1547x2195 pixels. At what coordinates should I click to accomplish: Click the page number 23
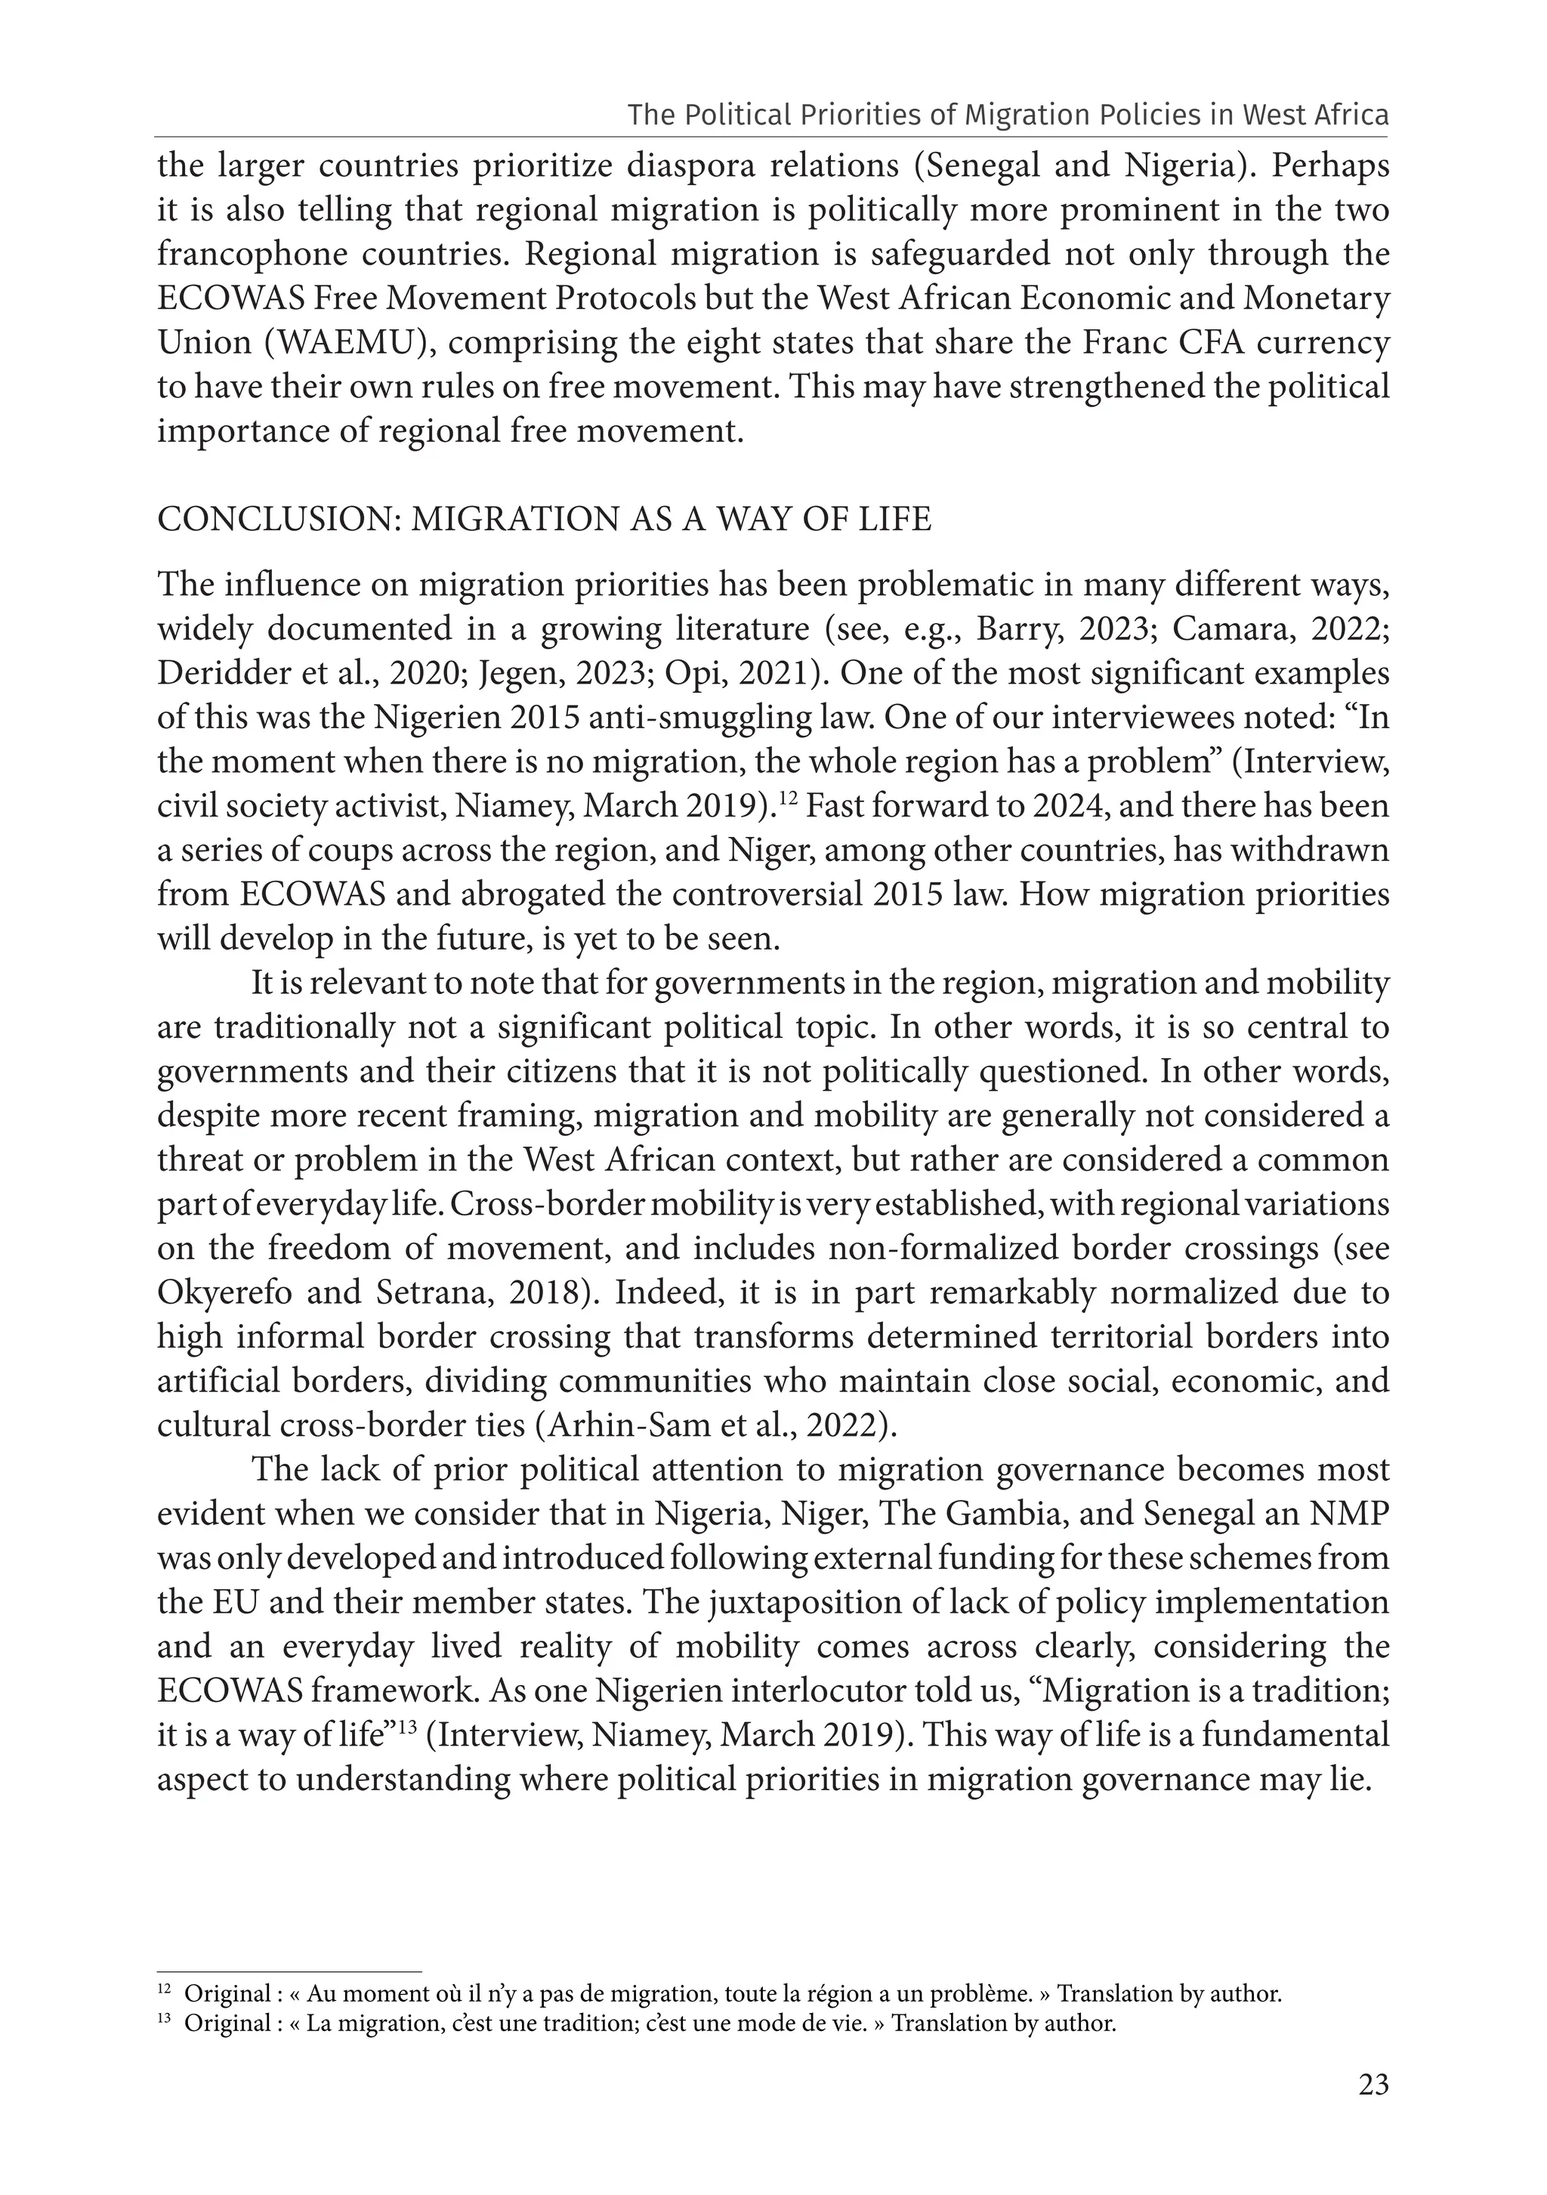point(1373,2112)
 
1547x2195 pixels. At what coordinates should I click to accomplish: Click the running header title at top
point(1008,116)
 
